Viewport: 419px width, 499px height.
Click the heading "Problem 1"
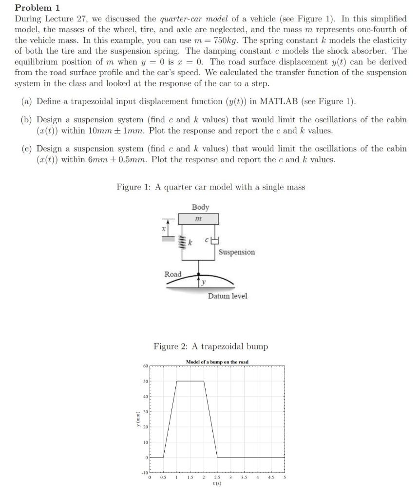coord(34,8)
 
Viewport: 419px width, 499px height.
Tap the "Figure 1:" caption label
coord(133,187)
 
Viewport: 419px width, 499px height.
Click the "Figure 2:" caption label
coord(171,346)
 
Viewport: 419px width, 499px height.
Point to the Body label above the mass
coord(200,207)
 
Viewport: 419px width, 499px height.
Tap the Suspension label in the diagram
coord(236,252)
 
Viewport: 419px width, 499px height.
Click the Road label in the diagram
coord(173,274)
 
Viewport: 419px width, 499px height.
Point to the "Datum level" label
coord(228,296)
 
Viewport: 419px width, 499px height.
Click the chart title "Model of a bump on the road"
coord(217,362)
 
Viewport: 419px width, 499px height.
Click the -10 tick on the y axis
coord(144,473)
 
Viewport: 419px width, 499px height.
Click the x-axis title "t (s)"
coord(217,484)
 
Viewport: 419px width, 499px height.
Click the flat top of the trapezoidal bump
coord(190,381)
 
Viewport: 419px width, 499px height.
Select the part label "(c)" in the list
coord(27,149)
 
